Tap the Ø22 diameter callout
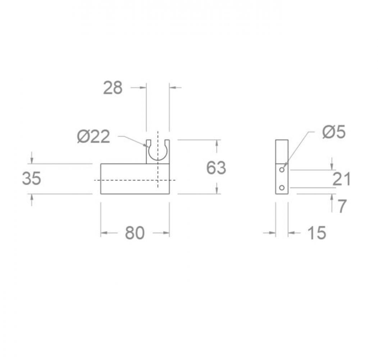tap(94, 136)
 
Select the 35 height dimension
tap(31, 179)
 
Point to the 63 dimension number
tap(216, 168)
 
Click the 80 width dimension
tap(135, 233)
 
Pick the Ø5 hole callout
tap(334, 132)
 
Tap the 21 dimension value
tap(342, 179)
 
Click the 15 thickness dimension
tap(317, 233)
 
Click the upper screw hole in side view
tap(282, 170)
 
